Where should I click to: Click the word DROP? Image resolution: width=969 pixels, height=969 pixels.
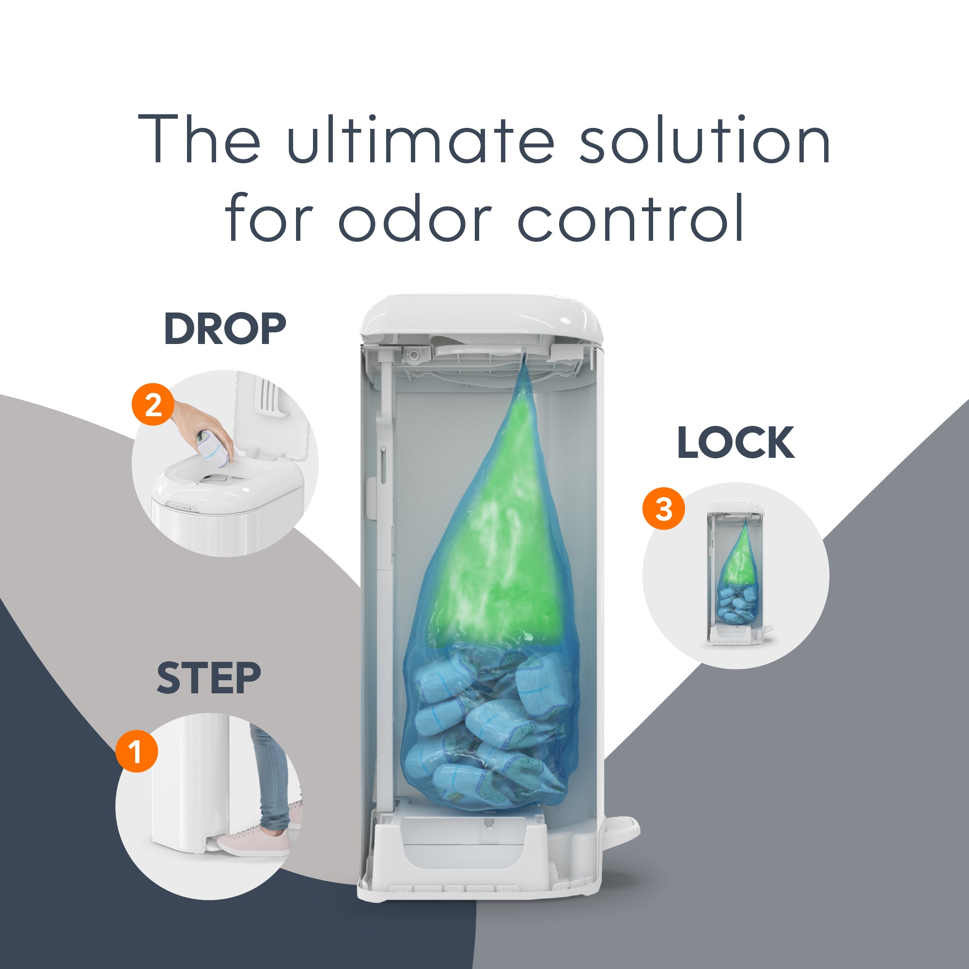pyautogui.click(x=225, y=329)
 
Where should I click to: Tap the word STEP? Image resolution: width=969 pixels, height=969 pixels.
pyautogui.click(x=209, y=678)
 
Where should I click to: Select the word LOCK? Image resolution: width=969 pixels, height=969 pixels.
pyautogui.click(x=735, y=442)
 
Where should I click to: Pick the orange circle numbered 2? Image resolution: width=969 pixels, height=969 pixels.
pyautogui.click(x=153, y=404)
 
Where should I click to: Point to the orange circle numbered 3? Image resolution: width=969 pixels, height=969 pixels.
pyautogui.click(x=664, y=509)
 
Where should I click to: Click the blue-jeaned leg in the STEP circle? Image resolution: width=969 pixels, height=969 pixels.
pyautogui.click(x=271, y=778)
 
